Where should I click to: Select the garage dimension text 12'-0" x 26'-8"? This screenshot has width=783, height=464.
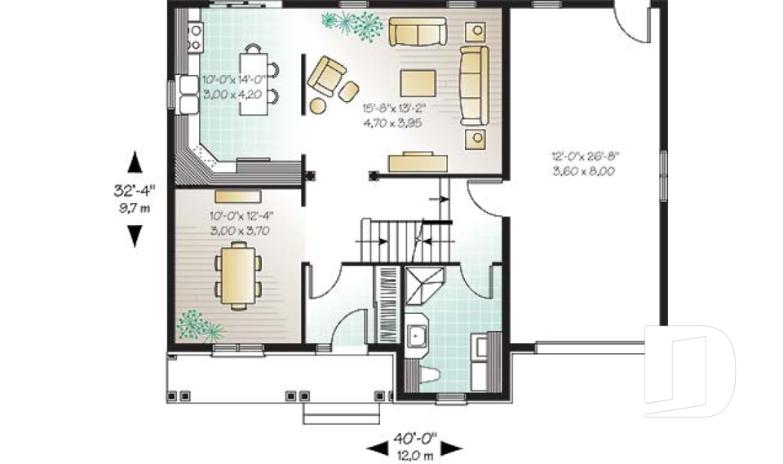tap(582, 156)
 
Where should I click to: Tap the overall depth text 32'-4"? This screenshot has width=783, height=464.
tap(135, 192)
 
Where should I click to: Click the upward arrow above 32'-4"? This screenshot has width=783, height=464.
tap(135, 162)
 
